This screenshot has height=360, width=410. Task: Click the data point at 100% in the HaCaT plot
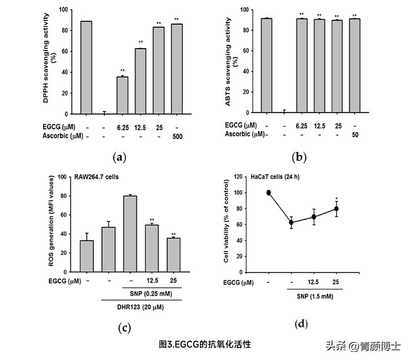pyautogui.click(x=269, y=193)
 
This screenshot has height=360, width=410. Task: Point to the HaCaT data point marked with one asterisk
pyautogui.click(x=336, y=208)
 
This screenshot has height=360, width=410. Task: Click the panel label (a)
pyautogui.click(x=119, y=158)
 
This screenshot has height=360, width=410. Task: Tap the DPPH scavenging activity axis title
pyautogui.click(x=49, y=61)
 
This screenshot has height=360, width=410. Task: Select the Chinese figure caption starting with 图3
pyautogui.click(x=205, y=345)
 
